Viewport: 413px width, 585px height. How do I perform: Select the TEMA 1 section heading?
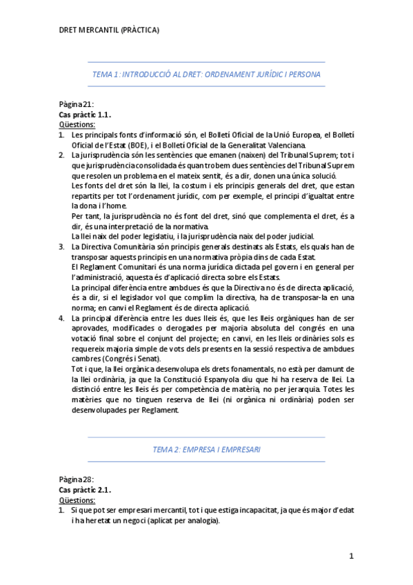coord(205,73)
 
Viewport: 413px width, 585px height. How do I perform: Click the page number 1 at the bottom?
coord(351,555)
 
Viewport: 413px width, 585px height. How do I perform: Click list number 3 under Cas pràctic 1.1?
coord(61,246)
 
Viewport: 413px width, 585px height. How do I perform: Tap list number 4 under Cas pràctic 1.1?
coord(61,318)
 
